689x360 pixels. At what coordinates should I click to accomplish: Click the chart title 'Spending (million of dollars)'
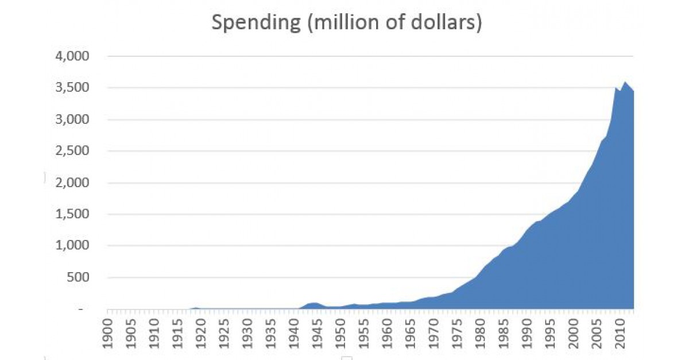[347, 23]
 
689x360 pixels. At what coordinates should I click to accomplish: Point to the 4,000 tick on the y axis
[73, 57]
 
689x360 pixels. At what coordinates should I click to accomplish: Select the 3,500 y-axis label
[73, 88]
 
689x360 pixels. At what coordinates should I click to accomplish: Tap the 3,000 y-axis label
[73, 120]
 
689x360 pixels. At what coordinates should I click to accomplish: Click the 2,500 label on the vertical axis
[73, 152]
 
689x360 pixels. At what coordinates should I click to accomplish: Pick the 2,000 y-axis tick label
[73, 183]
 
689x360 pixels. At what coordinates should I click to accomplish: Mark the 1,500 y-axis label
[73, 215]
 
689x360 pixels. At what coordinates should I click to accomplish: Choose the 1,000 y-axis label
[73, 246]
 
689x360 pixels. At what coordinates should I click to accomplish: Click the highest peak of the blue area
[625, 82]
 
